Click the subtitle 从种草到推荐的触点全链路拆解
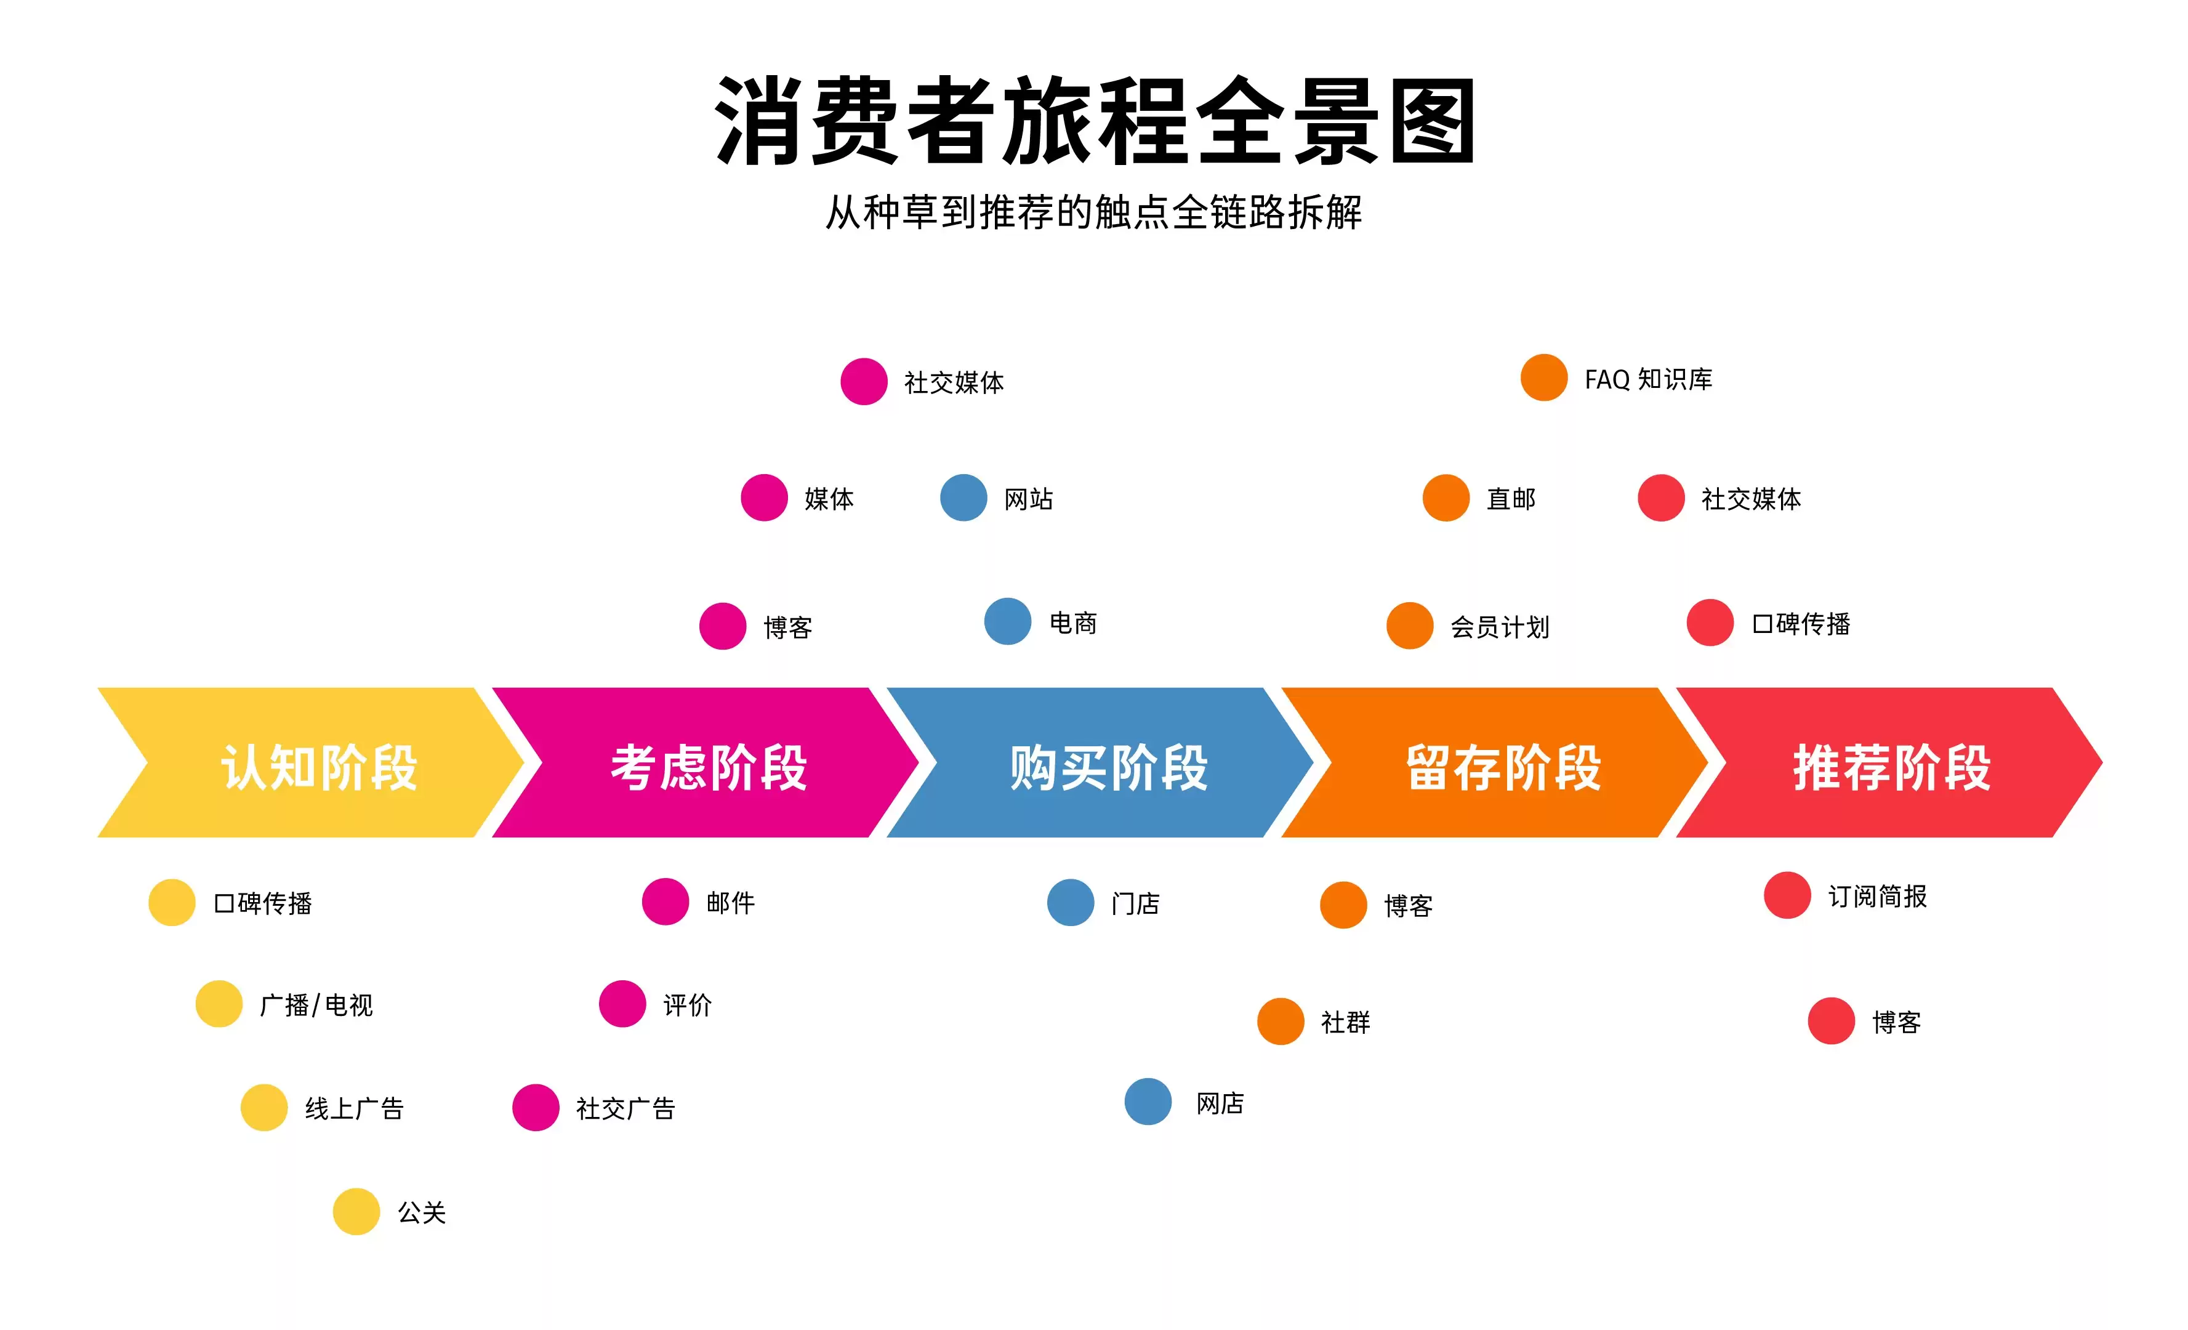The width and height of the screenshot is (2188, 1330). click(x=1094, y=212)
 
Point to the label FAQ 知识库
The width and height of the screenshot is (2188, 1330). click(x=1648, y=379)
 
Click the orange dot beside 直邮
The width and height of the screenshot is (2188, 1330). click(x=1446, y=498)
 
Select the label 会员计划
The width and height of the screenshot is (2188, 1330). click(x=1500, y=627)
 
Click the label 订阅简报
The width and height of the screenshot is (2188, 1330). click(x=1877, y=897)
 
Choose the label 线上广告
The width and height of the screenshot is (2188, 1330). click(x=355, y=1109)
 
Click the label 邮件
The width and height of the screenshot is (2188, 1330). click(x=731, y=903)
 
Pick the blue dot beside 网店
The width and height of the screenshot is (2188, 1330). click(x=1148, y=1102)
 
